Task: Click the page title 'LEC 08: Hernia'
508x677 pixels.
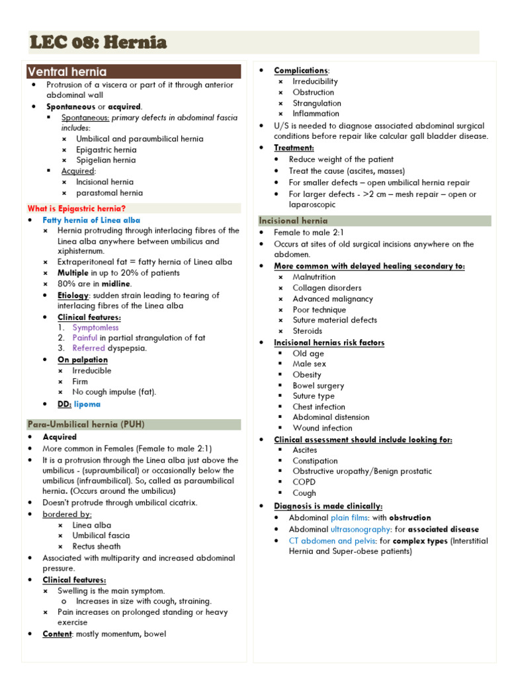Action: [98, 43]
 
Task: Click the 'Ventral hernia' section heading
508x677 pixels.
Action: [67, 71]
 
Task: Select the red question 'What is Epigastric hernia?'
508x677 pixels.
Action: [76, 208]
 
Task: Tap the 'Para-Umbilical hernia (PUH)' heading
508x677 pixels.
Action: [86, 424]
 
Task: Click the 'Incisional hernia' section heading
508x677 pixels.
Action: [293, 221]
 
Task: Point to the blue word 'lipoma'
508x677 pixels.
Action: [87, 404]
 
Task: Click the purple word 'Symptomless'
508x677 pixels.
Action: [96, 327]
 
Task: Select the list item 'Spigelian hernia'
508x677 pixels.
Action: [106, 160]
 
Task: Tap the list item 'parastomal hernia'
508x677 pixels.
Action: [109, 193]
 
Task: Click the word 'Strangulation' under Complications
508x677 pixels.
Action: [317, 103]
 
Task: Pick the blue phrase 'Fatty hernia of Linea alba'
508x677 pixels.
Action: [91, 220]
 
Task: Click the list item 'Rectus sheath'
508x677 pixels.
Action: [97, 546]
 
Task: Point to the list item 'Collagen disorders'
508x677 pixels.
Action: [327, 288]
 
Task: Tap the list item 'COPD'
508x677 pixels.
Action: [304, 482]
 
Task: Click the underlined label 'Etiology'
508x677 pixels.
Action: [73, 295]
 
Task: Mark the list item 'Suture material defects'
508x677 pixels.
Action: [335, 320]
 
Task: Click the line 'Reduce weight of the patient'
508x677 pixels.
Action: [341, 159]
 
